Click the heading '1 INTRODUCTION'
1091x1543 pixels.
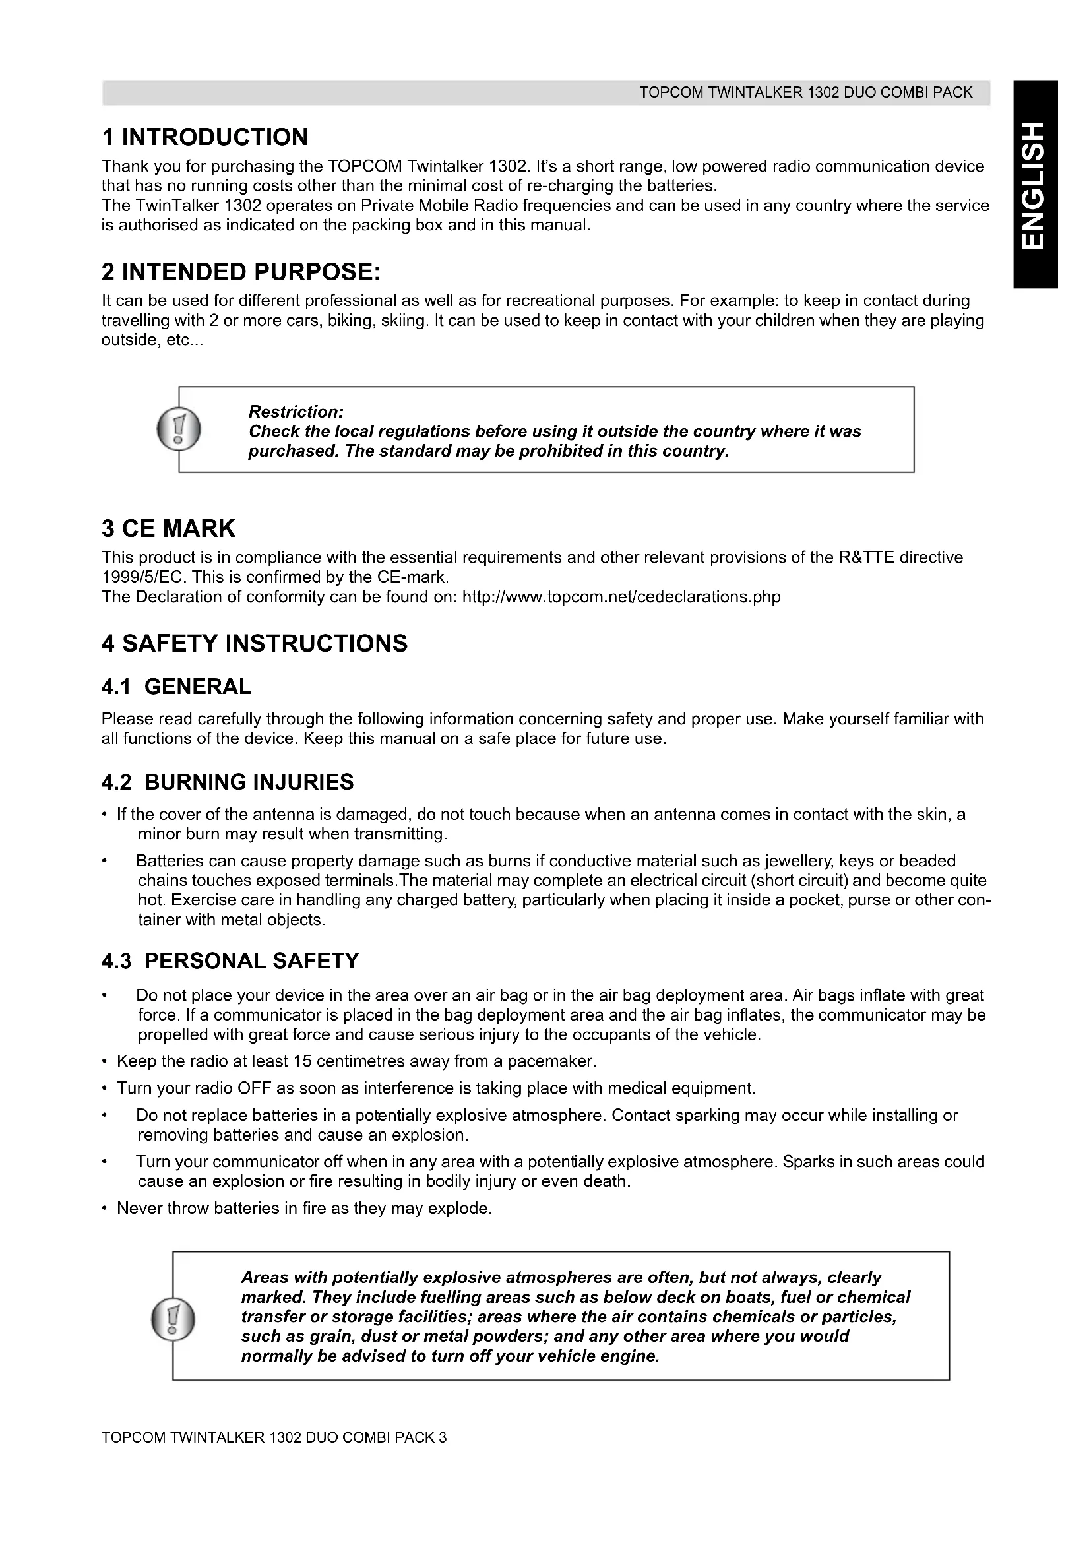coord(205,137)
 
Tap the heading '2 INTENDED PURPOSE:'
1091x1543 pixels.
coord(241,272)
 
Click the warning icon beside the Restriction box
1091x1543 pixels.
coord(178,429)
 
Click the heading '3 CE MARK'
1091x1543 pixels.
coord(169,529)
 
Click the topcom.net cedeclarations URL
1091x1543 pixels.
coord(621,597)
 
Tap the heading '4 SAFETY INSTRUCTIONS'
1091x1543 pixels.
coord(255,644)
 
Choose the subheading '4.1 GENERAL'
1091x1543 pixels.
coord(176,687)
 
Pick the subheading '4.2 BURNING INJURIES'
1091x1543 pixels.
coord(228,782)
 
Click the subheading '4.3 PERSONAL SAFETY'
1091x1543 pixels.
coord(230,961)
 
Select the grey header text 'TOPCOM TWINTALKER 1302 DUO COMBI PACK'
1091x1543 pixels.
coord(805,93)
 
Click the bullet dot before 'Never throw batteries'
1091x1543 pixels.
coord(104,1209)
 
